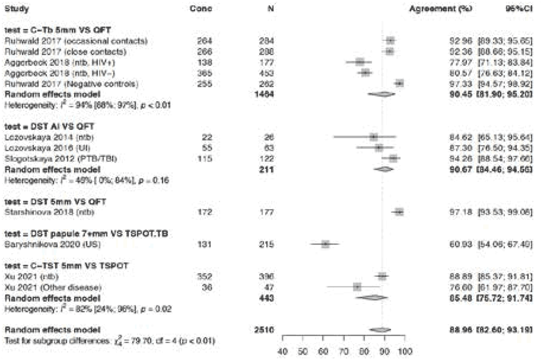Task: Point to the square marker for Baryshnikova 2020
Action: [x=325, y=244]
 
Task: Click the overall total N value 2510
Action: [x=264, y=329]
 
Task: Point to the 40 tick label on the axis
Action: [x=283, y=350]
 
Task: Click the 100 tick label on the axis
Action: [x=405, y=350]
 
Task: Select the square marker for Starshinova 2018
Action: [x=399, y=212]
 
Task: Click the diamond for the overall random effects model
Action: [x=380, y=329]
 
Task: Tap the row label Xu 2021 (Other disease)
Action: [x=47, y=287]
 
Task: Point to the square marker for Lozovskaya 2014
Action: [x=374, y=137]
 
